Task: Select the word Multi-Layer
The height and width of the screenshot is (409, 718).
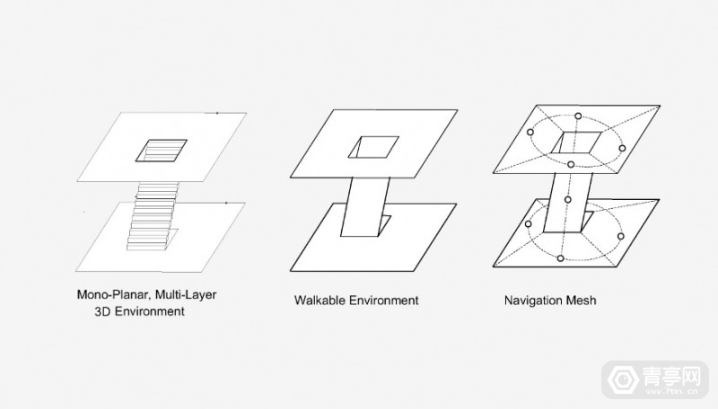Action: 186,294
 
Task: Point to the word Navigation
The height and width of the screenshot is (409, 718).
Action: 533,300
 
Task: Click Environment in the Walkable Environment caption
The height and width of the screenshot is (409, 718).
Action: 384,300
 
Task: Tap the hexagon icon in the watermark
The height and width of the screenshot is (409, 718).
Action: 623,379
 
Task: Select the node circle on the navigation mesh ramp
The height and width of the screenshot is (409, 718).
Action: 568,199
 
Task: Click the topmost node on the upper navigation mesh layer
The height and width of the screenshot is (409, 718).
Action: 578,117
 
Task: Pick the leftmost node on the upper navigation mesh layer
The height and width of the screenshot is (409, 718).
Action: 530,132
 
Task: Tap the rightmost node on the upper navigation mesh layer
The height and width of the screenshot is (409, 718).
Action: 622,148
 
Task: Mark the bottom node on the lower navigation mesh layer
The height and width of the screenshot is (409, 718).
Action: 560,258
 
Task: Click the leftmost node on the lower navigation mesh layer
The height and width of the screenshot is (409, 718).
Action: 528,223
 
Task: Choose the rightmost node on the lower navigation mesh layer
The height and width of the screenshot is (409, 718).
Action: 620,236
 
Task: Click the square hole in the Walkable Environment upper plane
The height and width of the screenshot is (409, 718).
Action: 373,147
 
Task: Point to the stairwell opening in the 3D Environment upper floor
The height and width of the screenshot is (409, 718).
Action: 162,151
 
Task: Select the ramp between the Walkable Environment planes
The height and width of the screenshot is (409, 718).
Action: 365,207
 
